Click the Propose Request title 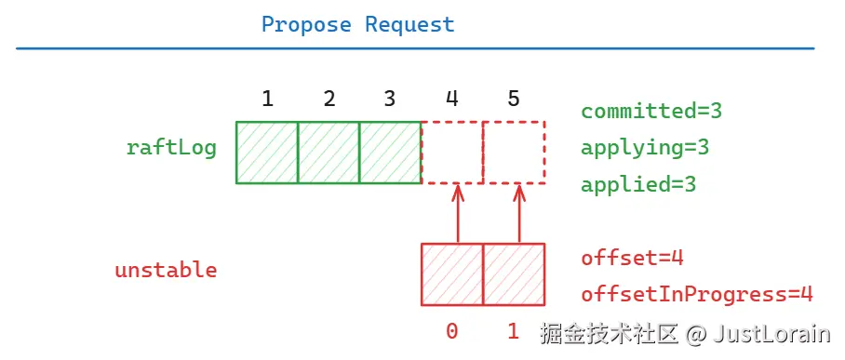[357, 25]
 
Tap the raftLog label [171, 148]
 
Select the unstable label [166, 271]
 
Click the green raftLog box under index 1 [267, 153]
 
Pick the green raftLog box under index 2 [329, 153]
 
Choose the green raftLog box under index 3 [390, 153]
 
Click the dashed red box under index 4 [452, 153]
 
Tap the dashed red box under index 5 [514, 153]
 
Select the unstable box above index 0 [452, 274]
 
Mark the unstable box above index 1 [514, 274]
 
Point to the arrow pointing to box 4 [457, 213]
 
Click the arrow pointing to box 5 [519, 213]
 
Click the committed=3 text [651, 112]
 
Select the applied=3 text [638, 185]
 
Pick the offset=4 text [632, 259]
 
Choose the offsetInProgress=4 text [697, 295]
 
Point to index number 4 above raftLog [452, 99]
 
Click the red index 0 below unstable [452, 330]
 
